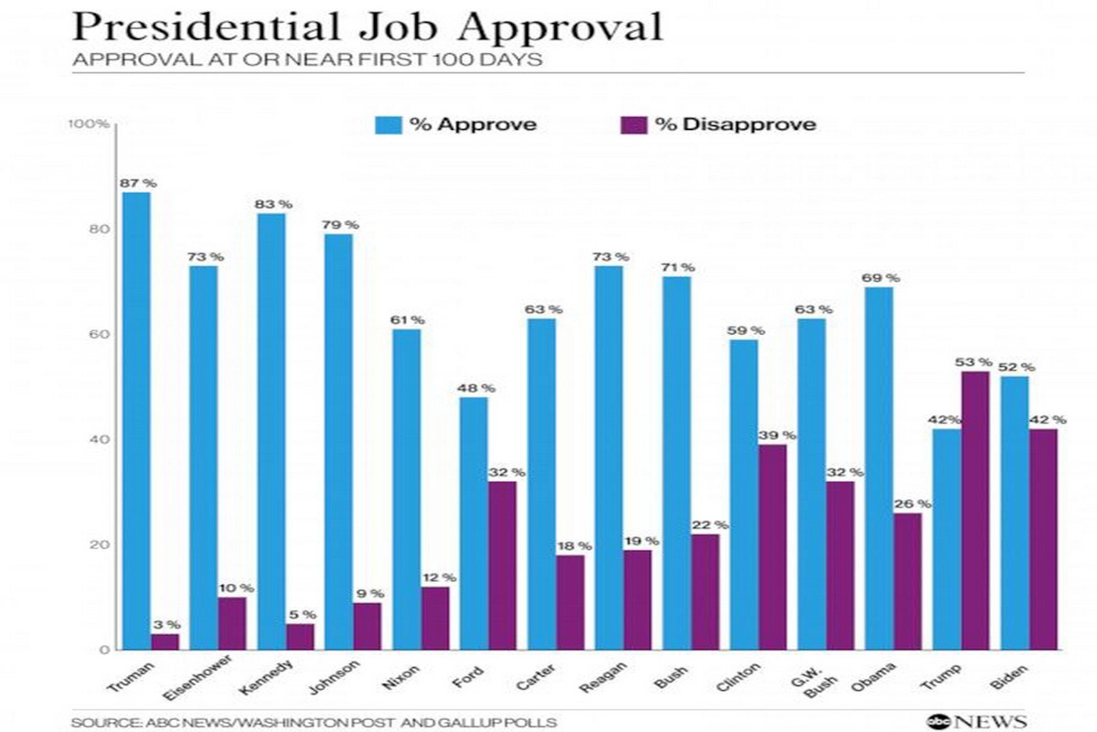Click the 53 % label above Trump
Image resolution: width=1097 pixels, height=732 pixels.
click(975, 362)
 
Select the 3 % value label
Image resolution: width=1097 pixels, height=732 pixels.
click(167, 625)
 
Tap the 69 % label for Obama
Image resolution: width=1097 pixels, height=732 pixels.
click(880, 278)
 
